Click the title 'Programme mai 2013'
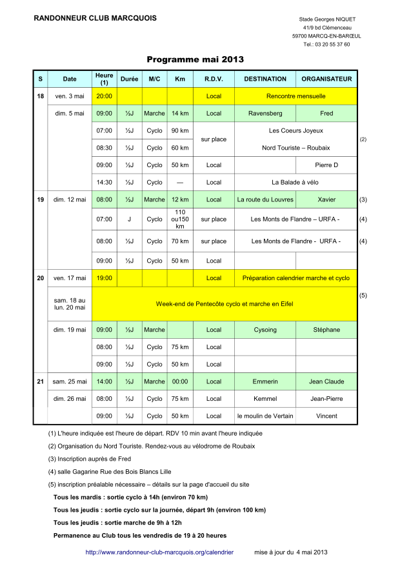coord(195,59)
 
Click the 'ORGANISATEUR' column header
coord(326,79)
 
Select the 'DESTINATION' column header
coord(265,79)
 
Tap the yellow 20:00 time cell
coord(104,96)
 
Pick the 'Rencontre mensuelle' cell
coord(295,96)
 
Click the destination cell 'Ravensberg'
coord(265,114)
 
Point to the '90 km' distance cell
coord(180,130)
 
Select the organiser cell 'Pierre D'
coord(326,165)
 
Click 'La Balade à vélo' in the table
coord(295,183)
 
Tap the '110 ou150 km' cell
coord(180,219)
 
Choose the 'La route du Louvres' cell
coord(265,200)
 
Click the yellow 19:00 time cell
coord(104,278)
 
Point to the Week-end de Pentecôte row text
coord(225,303)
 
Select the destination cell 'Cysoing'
coord(265,330)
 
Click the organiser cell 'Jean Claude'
coord(326,381)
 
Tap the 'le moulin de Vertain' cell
coord(265,416)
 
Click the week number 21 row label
coord(40,381)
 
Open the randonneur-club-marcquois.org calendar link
coord(159,552)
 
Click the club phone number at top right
coord(326,45)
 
